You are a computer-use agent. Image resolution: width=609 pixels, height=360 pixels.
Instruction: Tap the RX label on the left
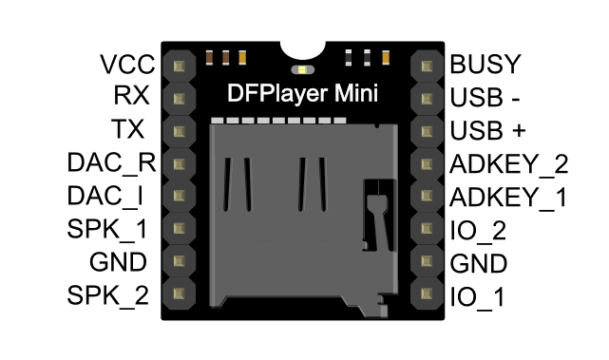(x=132, y=97)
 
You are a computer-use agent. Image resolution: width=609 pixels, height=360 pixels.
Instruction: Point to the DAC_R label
(x=111, y=162)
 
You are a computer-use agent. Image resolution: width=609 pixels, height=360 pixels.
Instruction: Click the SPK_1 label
(x=107, y=229)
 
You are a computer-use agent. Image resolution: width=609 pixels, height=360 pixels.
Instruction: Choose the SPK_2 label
(x=107, y=294)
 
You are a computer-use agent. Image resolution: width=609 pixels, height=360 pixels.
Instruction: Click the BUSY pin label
(x=485, y=65)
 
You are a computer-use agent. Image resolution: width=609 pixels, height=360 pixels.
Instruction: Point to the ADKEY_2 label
(x=508, y=162)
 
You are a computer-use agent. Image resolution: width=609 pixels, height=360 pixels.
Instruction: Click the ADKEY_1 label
(x=508, y=197)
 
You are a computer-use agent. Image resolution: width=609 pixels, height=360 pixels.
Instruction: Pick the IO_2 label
(x=478, y=229)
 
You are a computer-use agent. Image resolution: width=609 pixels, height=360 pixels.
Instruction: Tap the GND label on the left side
(x=118, y=262)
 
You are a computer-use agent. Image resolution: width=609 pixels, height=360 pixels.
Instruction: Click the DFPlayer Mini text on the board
(x=303, y=95)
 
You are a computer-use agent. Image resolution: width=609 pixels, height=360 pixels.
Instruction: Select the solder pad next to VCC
(x=178, y=65)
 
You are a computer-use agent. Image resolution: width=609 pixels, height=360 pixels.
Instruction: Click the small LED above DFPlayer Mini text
(x=303, y=69)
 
